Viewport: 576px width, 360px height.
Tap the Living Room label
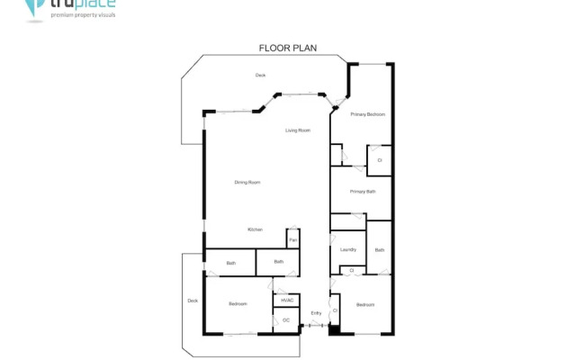(298, 131)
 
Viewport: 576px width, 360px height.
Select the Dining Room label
(247, 183)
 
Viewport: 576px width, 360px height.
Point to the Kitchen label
(255, 230)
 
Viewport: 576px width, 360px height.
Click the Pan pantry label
(293, 239)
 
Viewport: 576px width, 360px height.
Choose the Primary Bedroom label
(368, 114)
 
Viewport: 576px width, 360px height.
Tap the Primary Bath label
(363, 192)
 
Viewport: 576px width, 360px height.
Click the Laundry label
(349, 249)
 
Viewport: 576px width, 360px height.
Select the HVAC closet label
(287, 300)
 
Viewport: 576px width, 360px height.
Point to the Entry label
(316, 313)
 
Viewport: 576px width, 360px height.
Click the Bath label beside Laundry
(380, 250)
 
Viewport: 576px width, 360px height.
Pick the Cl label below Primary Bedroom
(380, 160)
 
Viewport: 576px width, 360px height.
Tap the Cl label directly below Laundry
(351, 270)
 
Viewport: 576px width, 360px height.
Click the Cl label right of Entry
(335, 311)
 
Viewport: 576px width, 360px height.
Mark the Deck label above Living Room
(260, 75)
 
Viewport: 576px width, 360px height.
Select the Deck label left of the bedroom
(192, 301)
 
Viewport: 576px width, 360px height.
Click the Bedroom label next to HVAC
(238, 304)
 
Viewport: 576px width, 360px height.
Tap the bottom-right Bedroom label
(364, 305)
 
